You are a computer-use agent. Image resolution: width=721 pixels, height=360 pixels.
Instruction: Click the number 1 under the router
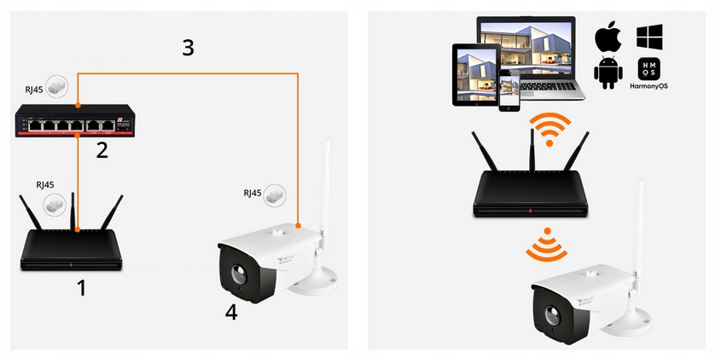(x=82, y=288)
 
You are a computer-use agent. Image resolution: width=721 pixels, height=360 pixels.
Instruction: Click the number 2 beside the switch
(x=102, y=151)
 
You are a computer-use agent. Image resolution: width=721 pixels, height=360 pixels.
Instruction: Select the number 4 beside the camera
(x=231, y=312)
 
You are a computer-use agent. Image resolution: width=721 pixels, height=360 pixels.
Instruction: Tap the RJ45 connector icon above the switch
(x=57, y=86)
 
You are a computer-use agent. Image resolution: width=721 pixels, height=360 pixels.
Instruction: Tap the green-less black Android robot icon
(x=608, y=73)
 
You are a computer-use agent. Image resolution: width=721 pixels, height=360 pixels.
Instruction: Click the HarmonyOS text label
(x=649, y=87)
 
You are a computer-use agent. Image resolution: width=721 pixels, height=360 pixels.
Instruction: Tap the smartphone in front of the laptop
(x=509, y=91)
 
